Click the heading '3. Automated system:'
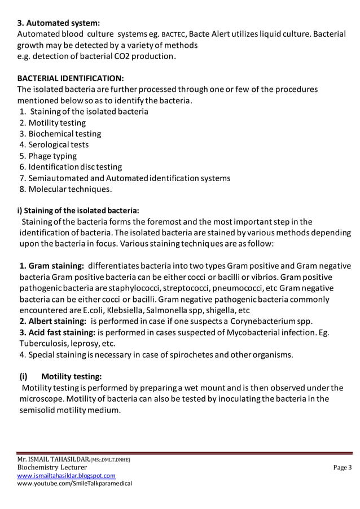[59, 23]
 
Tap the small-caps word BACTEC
[173, 35]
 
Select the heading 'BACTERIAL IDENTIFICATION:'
[71, 78]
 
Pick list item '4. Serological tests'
[54, 145]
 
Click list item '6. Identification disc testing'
[71, 167]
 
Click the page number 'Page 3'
[341, 467]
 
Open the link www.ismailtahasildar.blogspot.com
[66, 476]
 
